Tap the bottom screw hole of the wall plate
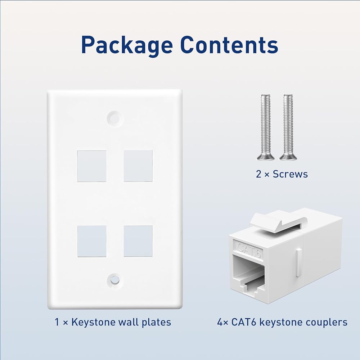pyautogui.click(x=114, y=279)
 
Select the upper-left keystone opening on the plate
pyautogui.click(x=92, y=166)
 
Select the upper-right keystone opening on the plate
pyautogui.click(x=138, y=166)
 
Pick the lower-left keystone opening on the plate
pyautogui.click(x=92, y=241)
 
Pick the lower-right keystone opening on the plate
pyautogui.click(x=138, y=241)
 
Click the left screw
pyautogui.click(x=266, y=126)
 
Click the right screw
pyautogui.click(x=288, y=126)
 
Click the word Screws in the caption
pyautogui.click(x=290, y=174)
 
